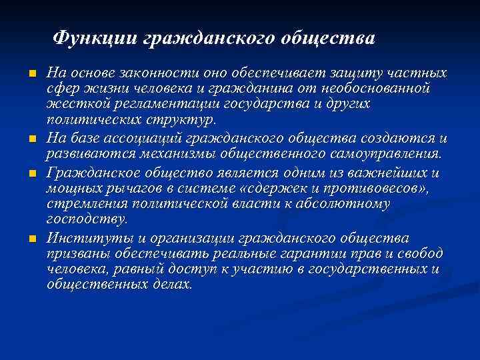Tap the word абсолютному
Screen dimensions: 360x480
click(343, 204)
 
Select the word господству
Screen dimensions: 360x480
click(87, 220)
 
